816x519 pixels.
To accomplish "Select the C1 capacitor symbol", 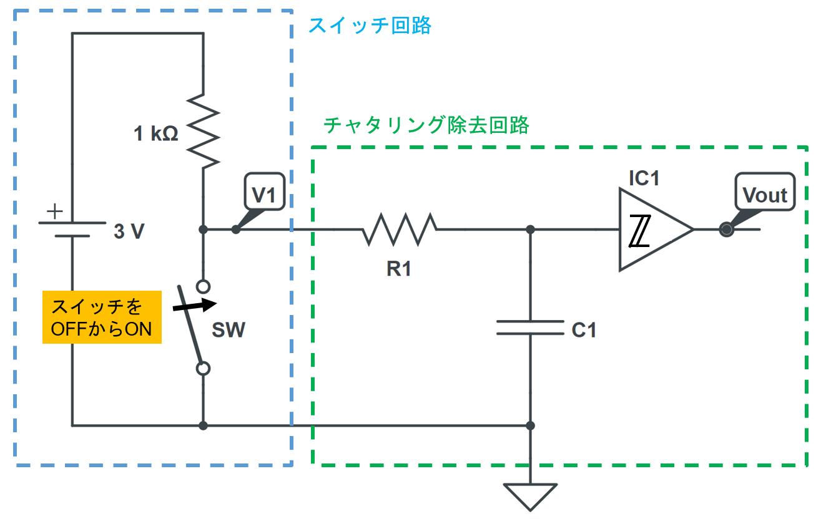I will [530, 328].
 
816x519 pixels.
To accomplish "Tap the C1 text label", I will [584, 330].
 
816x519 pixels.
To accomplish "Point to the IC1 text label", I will [644, 178].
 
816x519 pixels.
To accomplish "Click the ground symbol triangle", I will [530, 497].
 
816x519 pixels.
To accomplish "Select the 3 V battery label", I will [129, 232].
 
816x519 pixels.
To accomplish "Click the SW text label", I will [228, 330].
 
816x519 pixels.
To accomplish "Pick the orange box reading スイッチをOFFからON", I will [101, 317].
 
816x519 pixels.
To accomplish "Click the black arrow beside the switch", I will [195, 305].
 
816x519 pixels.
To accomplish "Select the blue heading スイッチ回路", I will [370, 26].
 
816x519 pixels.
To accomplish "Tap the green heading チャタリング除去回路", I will [426, 125].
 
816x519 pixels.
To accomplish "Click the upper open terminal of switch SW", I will [203, 286].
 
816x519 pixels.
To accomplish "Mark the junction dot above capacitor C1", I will [530, 230].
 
